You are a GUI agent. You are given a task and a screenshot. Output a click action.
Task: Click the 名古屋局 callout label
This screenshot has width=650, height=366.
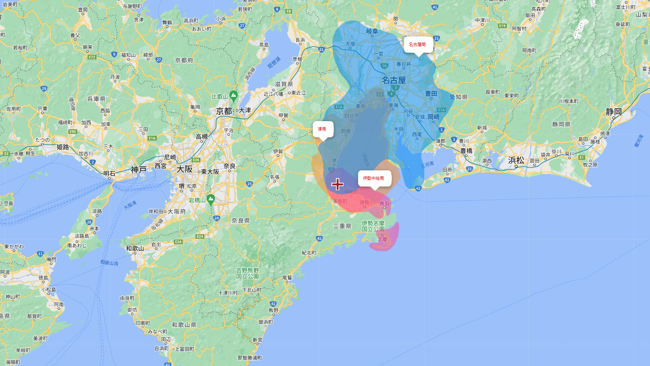pos(417,45)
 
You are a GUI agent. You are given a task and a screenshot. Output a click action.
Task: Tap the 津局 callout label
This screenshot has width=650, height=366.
pos(322,129)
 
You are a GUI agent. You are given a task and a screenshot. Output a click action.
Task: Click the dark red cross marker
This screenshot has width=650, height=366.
pos(337,184)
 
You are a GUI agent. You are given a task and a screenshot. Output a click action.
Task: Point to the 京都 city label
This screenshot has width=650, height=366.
pos(224,111)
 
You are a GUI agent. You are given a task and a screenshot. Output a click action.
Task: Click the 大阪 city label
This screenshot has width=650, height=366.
pos(185,169)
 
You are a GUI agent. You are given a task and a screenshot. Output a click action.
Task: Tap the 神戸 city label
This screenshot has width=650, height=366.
pos(138,170)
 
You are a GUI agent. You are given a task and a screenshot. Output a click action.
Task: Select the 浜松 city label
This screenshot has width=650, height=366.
pos(516,161)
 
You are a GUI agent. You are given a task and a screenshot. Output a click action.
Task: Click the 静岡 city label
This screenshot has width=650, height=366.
pos(613,112)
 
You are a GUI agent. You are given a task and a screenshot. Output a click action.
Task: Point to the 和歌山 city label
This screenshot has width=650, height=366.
pos(135,248)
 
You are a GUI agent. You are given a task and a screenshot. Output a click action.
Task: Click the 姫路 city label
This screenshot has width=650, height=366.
pos(63,147)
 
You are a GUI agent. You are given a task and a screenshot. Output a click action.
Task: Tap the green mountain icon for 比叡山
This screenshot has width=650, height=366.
pos(233,95)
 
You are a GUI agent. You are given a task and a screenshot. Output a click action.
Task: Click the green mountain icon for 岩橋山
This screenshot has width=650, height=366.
pos(211,199)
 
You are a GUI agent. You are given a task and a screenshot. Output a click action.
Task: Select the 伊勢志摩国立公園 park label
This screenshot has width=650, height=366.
pos(373,226)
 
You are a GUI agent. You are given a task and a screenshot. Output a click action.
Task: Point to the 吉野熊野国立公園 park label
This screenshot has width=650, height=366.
pos(247,273)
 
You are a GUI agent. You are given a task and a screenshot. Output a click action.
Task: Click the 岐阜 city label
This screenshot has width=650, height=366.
pos(372,31)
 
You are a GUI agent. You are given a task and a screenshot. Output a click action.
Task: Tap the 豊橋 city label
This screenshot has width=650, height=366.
pos(466,151)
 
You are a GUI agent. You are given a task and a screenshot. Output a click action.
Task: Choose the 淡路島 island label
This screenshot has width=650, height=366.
pos(82,236)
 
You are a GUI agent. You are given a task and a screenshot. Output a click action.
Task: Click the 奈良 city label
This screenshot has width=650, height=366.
pos(229,166)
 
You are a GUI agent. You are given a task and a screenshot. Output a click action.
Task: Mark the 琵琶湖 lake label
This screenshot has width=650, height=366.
pos(274,63)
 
